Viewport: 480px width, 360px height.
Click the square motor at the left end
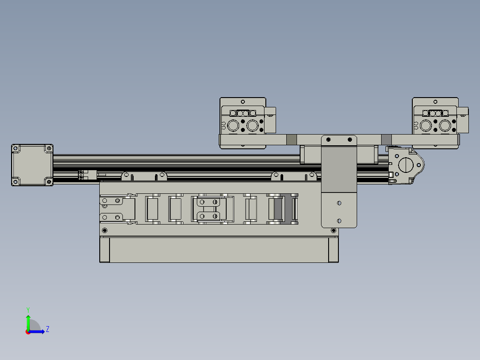(32, 165)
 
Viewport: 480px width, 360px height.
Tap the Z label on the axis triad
(47, 329)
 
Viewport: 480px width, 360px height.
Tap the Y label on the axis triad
(28, 309)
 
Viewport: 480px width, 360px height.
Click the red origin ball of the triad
(28, 332)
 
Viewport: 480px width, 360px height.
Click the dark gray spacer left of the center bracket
(291, 139)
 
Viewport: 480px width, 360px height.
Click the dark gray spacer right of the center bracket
(386, 139)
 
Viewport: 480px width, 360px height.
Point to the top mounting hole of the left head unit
(243, 101)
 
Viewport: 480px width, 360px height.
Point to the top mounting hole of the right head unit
(435, 101)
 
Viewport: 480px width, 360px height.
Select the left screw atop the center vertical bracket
(329, 140)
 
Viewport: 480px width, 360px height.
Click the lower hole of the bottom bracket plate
(339, 221)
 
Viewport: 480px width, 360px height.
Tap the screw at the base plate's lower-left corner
(105, 230)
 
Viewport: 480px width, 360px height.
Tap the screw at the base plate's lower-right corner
(334, 230)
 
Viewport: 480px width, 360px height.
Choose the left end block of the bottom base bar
(105, 250)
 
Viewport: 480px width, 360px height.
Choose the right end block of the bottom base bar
(334, 250)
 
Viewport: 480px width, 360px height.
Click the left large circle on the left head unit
(233, 126)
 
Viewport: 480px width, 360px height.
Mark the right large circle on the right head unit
(445, 126)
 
